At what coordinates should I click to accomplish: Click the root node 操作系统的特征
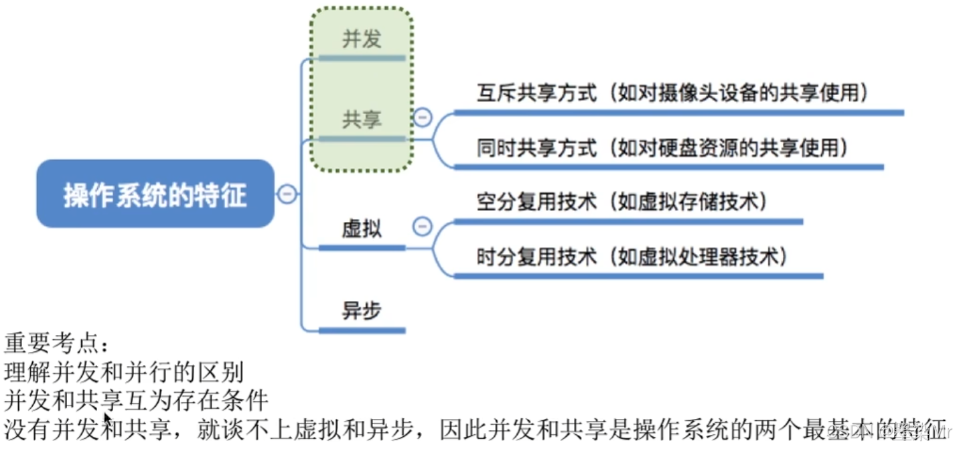(x=155, y=194)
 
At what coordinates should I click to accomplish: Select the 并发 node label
(x=362, y=39)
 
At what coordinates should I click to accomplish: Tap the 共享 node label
(x=362, y=120)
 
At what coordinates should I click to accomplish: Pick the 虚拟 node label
(x=362, y=229)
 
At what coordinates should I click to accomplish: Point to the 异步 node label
(x=362, y=310)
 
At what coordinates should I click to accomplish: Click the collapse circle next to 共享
(x=422, y=118)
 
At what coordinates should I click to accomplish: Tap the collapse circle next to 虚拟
(x=422, y=227)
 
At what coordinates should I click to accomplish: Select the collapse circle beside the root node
(x=287, y=194)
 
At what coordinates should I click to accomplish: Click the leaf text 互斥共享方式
(x=536, y=92)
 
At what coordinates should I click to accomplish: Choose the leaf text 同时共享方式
(x=536, y=147)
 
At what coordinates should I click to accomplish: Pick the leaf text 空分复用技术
(x=536, y=202)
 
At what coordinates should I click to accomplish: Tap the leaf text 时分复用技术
(x=536, y=256)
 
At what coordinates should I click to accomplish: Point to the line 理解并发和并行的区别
(x=124, y=372)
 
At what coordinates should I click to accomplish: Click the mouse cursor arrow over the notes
(x=107, y=420)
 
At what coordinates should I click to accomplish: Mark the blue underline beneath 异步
(x=362, y=330)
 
